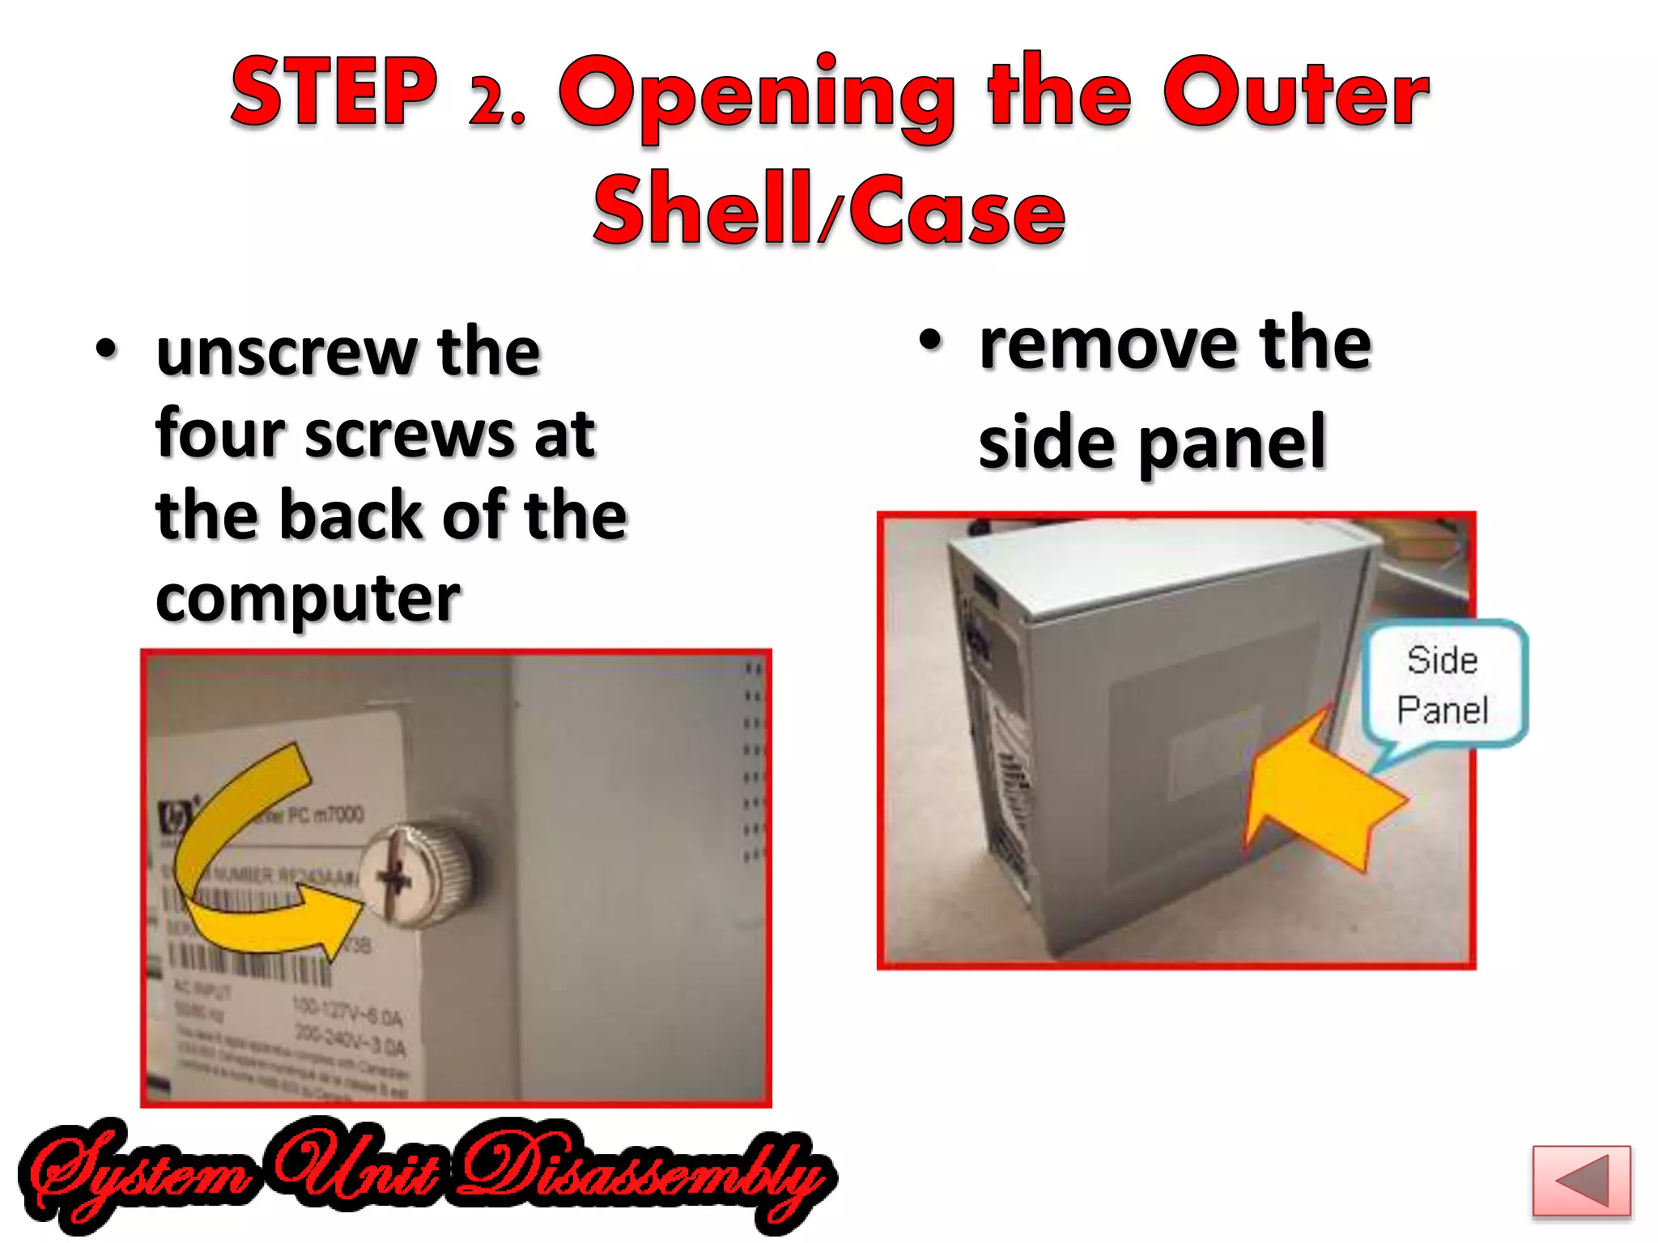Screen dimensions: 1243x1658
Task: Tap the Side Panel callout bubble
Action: pos(1443,684)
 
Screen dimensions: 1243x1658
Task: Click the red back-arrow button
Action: pos(1580,1181)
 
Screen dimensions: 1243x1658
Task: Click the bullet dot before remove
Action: pos(931,342)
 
